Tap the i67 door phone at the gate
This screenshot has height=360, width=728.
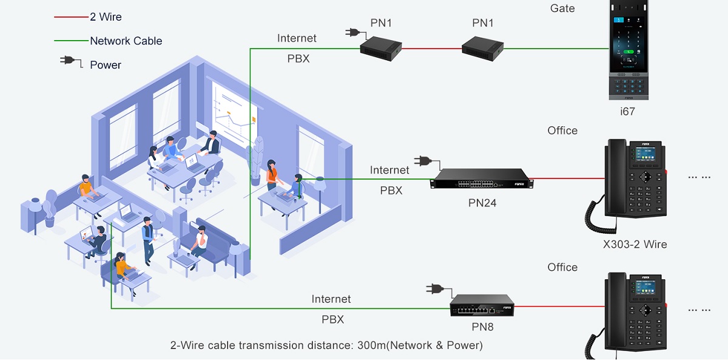click(x=629, y=50)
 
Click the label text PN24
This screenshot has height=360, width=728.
click(x=482, y=203)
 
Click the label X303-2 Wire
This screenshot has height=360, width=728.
click(x=635, y=245)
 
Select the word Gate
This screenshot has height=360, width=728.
click(x=562, y=8)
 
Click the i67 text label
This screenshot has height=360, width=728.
click(x=627, y=112)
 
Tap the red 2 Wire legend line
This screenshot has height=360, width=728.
click(x=71, y=17)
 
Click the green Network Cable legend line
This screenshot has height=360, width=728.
click(x=71, y=41)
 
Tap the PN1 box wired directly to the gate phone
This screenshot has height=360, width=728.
click(x=482, y=46)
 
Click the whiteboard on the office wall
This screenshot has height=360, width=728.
click(x=232, y=115)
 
